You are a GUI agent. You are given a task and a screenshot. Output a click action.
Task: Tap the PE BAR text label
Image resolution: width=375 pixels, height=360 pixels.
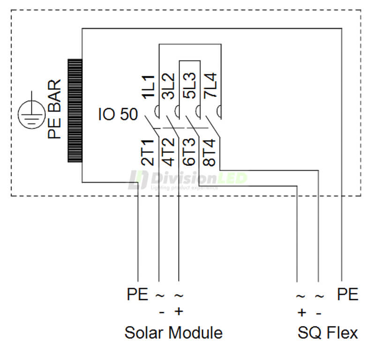point(54,110)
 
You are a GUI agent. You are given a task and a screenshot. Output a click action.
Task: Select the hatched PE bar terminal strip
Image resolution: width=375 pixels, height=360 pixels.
point(75,110)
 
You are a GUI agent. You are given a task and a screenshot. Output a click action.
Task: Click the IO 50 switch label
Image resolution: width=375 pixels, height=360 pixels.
point(118,114)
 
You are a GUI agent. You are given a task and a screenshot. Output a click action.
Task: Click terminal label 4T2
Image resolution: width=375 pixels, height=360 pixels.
point(168,153)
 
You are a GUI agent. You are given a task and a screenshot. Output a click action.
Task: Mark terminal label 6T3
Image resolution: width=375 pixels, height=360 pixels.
point(189,153)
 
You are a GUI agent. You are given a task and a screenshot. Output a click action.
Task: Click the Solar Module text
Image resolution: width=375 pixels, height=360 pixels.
point(173,333)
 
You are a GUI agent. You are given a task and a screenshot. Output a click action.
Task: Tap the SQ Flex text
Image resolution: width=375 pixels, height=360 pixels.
point(327,333)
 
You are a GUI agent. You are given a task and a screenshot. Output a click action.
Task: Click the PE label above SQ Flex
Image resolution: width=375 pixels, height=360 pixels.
point(348,295)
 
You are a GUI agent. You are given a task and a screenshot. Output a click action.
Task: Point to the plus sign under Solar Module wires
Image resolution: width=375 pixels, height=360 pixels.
point(178,312)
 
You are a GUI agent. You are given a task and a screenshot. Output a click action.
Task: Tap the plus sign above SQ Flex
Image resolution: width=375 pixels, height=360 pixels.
point(301,312)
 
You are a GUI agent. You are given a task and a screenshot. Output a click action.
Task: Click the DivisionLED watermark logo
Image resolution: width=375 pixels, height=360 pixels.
point(187,180)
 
